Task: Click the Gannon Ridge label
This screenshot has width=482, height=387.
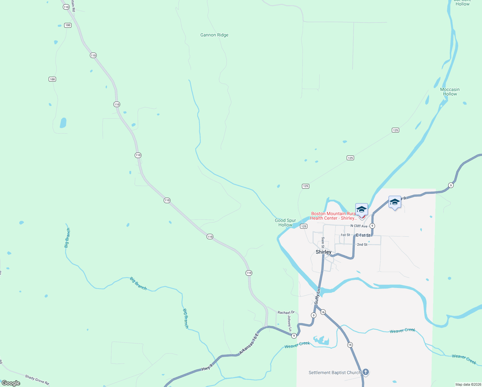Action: pyautogui.click(x=214, y=35)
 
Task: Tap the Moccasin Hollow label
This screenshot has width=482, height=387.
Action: pyautogui.click(x=450, y=92)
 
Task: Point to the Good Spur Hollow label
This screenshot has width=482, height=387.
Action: pyautogui.click(x=285, y=223)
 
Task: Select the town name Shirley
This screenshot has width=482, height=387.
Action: pyautogui.click(x=323, y=252)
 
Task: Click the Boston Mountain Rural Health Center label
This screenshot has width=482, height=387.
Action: pyautogui.click(x=333, y=216)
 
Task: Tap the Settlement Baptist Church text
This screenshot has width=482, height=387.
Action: pyautogui.click(x=334, y=373)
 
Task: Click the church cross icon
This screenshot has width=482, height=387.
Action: pyautogui.click(x=366, y=372)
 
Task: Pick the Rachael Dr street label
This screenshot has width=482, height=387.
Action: pyautogui.click(x=286, y=313)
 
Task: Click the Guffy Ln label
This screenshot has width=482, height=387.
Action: pyautogui.click(x=317, y=296)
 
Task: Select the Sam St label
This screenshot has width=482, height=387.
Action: pyautogui.click(x=323, y=242)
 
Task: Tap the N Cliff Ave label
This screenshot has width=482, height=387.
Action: pyautogui.click(x=359, y=226)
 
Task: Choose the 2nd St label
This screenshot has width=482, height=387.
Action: pyautogui.click(x=362, y=245)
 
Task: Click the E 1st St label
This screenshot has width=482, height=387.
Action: pyautogui.click(x=363, y=235)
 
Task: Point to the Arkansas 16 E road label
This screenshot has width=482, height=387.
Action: pyautogui.click(x=249, y=344)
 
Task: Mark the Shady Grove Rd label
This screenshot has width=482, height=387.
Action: pyautogui.click(x=37, y=380)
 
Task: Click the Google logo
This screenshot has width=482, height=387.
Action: pyautogui.click(x=11, y=383)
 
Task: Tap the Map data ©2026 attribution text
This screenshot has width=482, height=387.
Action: pyautogui.click(x=468, y=384)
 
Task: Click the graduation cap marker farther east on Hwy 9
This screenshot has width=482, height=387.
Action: pyautogui.click(x=395, y=202)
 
